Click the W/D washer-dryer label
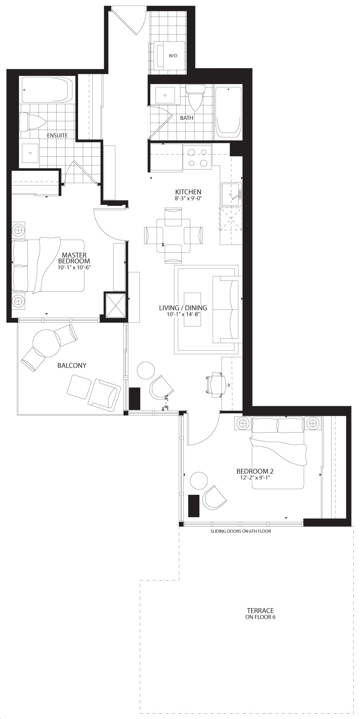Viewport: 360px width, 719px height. tap(173, 56)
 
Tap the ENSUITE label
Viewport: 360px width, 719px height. tap(58, 135)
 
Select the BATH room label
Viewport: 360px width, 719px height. tap(187, 118)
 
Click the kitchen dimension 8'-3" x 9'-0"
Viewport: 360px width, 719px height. tap(188, 198)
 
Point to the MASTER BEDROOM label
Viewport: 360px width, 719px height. tap(74, 258)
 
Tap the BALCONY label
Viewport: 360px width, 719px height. tap(72, 365)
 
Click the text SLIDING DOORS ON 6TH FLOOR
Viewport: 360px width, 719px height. tap(241, 531)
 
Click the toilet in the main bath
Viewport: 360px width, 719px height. tap(195, 97)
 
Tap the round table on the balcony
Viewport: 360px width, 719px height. tap(46, 343)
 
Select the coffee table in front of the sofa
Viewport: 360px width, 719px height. tap(192, 310)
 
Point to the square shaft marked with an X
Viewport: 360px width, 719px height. tap(116, 305)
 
